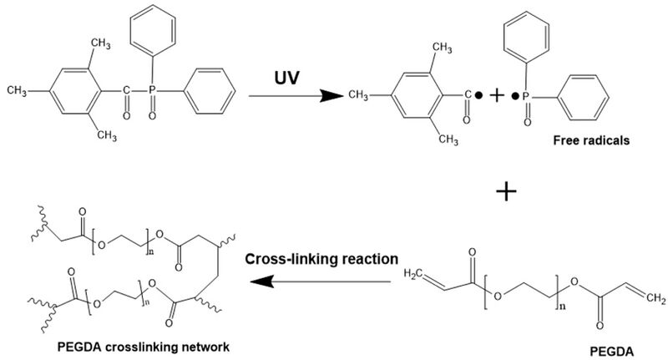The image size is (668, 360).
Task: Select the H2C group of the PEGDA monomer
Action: (416, 274)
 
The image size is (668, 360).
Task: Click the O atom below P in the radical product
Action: (527, 123)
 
